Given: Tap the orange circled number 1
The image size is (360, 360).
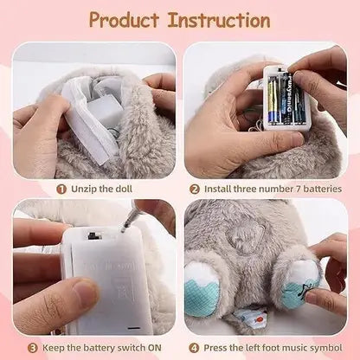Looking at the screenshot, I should [x=61, y=187].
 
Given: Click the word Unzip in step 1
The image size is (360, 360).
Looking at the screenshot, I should [x=80, y=187].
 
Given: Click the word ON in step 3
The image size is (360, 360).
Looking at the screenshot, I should [x=157, y=348].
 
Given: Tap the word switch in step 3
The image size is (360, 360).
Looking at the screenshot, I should [x=131, y=348].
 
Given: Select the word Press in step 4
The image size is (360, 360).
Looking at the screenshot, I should [x=214, y=348].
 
